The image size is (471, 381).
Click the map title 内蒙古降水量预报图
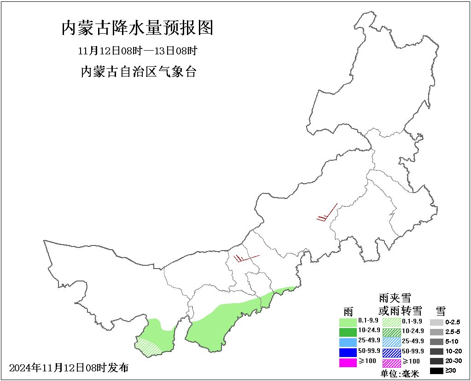click(138, 29)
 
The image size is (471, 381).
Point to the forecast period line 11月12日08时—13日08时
click(138, 50)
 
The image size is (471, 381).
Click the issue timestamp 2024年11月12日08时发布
click(69, 368)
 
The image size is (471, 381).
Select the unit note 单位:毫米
click(400, 374)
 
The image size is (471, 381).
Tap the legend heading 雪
click(440, 311)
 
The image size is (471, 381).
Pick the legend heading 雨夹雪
click(395, 298)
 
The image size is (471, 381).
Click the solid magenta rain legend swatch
click(348, 362)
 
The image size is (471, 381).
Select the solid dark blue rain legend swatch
click(348, 352)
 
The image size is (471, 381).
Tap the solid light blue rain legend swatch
click(348, 342)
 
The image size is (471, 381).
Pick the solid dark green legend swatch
click(348, 332)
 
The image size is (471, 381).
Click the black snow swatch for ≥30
click(436, 370)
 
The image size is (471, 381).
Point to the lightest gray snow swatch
click(436, 322)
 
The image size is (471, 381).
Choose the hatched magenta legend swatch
click(391, 362)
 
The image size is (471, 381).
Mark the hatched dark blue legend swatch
click(391, 352)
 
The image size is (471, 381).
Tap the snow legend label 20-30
click(454, 361)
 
